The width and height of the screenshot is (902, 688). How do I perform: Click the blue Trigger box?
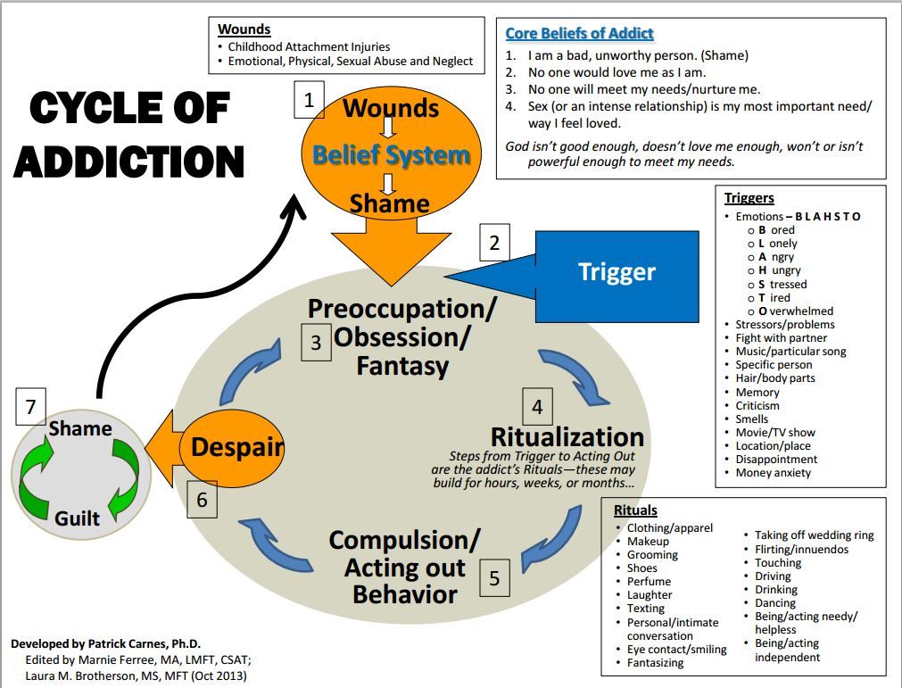point(617,272)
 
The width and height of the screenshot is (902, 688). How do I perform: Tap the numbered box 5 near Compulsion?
point(494,578)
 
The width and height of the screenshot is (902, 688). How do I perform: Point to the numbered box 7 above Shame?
point(30,408)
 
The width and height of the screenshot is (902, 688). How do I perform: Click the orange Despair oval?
point(237,447)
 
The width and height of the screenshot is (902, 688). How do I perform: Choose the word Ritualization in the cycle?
point(567,436)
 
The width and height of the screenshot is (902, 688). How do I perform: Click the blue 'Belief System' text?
point(391,155)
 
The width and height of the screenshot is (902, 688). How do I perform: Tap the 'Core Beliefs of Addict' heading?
point(579,34)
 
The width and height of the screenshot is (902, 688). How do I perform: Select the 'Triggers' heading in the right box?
point(749,198)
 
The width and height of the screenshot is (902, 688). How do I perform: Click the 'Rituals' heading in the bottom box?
point(635,510)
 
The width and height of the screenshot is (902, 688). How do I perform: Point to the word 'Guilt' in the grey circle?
point(78,518)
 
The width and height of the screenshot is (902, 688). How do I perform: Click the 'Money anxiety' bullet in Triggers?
point(773,473)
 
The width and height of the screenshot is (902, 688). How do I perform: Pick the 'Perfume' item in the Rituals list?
point(649,581)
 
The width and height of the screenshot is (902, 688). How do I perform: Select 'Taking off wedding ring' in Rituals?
point(814,535)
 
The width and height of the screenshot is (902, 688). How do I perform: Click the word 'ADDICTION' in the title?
point(129,162)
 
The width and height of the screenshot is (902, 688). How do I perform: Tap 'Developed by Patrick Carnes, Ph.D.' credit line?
point(106,643)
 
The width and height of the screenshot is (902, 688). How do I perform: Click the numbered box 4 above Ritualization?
point(537,408)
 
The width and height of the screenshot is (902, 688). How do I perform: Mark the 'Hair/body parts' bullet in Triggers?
point(774,378)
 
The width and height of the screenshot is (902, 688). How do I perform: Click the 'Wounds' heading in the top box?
point(244,29)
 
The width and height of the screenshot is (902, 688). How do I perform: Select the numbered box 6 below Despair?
point(202,499)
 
